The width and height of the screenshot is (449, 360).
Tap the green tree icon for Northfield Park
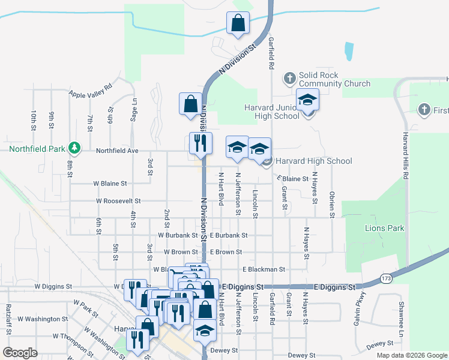[74, 147]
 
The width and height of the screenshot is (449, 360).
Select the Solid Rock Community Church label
[335, 79]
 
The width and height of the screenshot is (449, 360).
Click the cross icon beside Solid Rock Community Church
[289, 78]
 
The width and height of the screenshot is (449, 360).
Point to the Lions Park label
[384, 228]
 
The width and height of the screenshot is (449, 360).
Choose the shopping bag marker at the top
[238, 23]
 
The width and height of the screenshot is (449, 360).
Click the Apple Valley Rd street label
[91, 91]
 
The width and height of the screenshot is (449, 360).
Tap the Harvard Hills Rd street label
[406, 155]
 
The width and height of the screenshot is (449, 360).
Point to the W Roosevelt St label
[117, 201]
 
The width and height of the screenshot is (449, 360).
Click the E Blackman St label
[264, 270]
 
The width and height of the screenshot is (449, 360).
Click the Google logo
[20, 353]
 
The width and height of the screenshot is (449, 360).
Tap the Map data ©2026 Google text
[411, 355]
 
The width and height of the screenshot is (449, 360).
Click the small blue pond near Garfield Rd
[349, 52]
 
